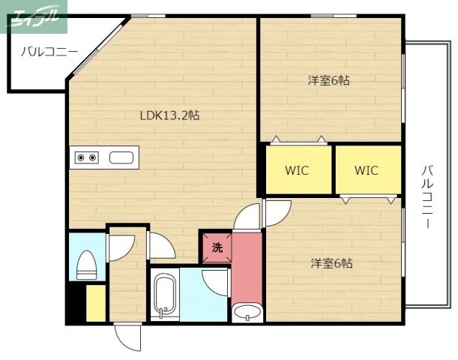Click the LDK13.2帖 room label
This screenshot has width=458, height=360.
point(169,115)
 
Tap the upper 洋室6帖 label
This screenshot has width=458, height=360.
point(328,80)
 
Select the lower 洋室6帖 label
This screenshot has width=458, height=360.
point(331,263)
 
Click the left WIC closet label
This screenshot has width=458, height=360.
point(297,170)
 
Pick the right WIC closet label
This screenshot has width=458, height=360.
point(367,170)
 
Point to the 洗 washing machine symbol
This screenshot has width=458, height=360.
point(217,247)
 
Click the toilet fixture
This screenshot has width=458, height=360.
point(86,265)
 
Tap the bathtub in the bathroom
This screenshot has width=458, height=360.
point(165,295)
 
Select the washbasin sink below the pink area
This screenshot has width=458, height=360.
point(247,312)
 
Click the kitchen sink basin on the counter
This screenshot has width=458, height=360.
point(121,157)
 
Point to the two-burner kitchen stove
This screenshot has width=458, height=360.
point(87,157)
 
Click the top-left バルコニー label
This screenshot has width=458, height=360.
point(49,52)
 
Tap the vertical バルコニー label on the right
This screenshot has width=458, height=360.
point(427,197)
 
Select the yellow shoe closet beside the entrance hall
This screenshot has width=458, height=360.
point(96,303)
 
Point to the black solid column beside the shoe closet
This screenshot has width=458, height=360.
point(76,303)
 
